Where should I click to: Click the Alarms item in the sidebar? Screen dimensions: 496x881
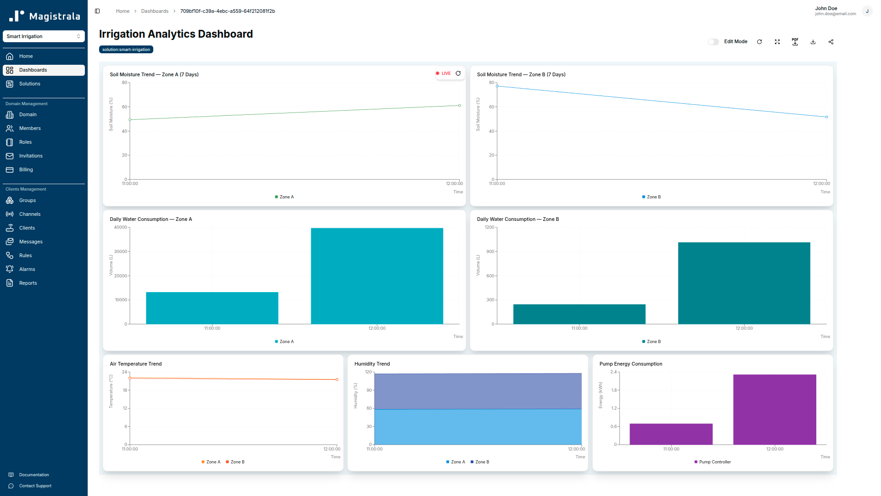pos(27,269)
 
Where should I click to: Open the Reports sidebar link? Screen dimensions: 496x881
pos(28,283)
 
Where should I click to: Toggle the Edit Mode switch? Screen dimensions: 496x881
pos(713,42)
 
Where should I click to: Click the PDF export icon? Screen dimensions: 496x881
pos(795,42)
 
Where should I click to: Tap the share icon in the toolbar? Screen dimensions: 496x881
pos(831,42)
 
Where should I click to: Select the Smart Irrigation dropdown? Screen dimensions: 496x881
pos(44,36)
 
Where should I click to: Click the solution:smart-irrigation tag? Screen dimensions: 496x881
pos(126,50)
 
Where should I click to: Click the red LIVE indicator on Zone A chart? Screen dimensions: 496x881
pos(443,73)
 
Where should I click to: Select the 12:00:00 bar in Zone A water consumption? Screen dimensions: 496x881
pos(377,276)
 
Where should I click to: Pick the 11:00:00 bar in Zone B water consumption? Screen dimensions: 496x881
pos(579,314)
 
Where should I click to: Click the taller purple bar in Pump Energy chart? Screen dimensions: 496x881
pos(775,409)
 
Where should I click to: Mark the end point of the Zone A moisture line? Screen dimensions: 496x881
pos(459,106)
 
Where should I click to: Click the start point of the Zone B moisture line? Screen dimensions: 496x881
pos(497,86)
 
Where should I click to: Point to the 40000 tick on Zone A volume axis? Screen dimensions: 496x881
pos(121,227)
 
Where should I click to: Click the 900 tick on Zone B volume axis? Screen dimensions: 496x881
pos(491,252)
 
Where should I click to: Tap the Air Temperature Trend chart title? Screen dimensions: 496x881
pos(135,364)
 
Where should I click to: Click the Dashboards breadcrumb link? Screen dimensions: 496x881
pos(155,11)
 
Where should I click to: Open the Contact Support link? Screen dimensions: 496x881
pos(35,486)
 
